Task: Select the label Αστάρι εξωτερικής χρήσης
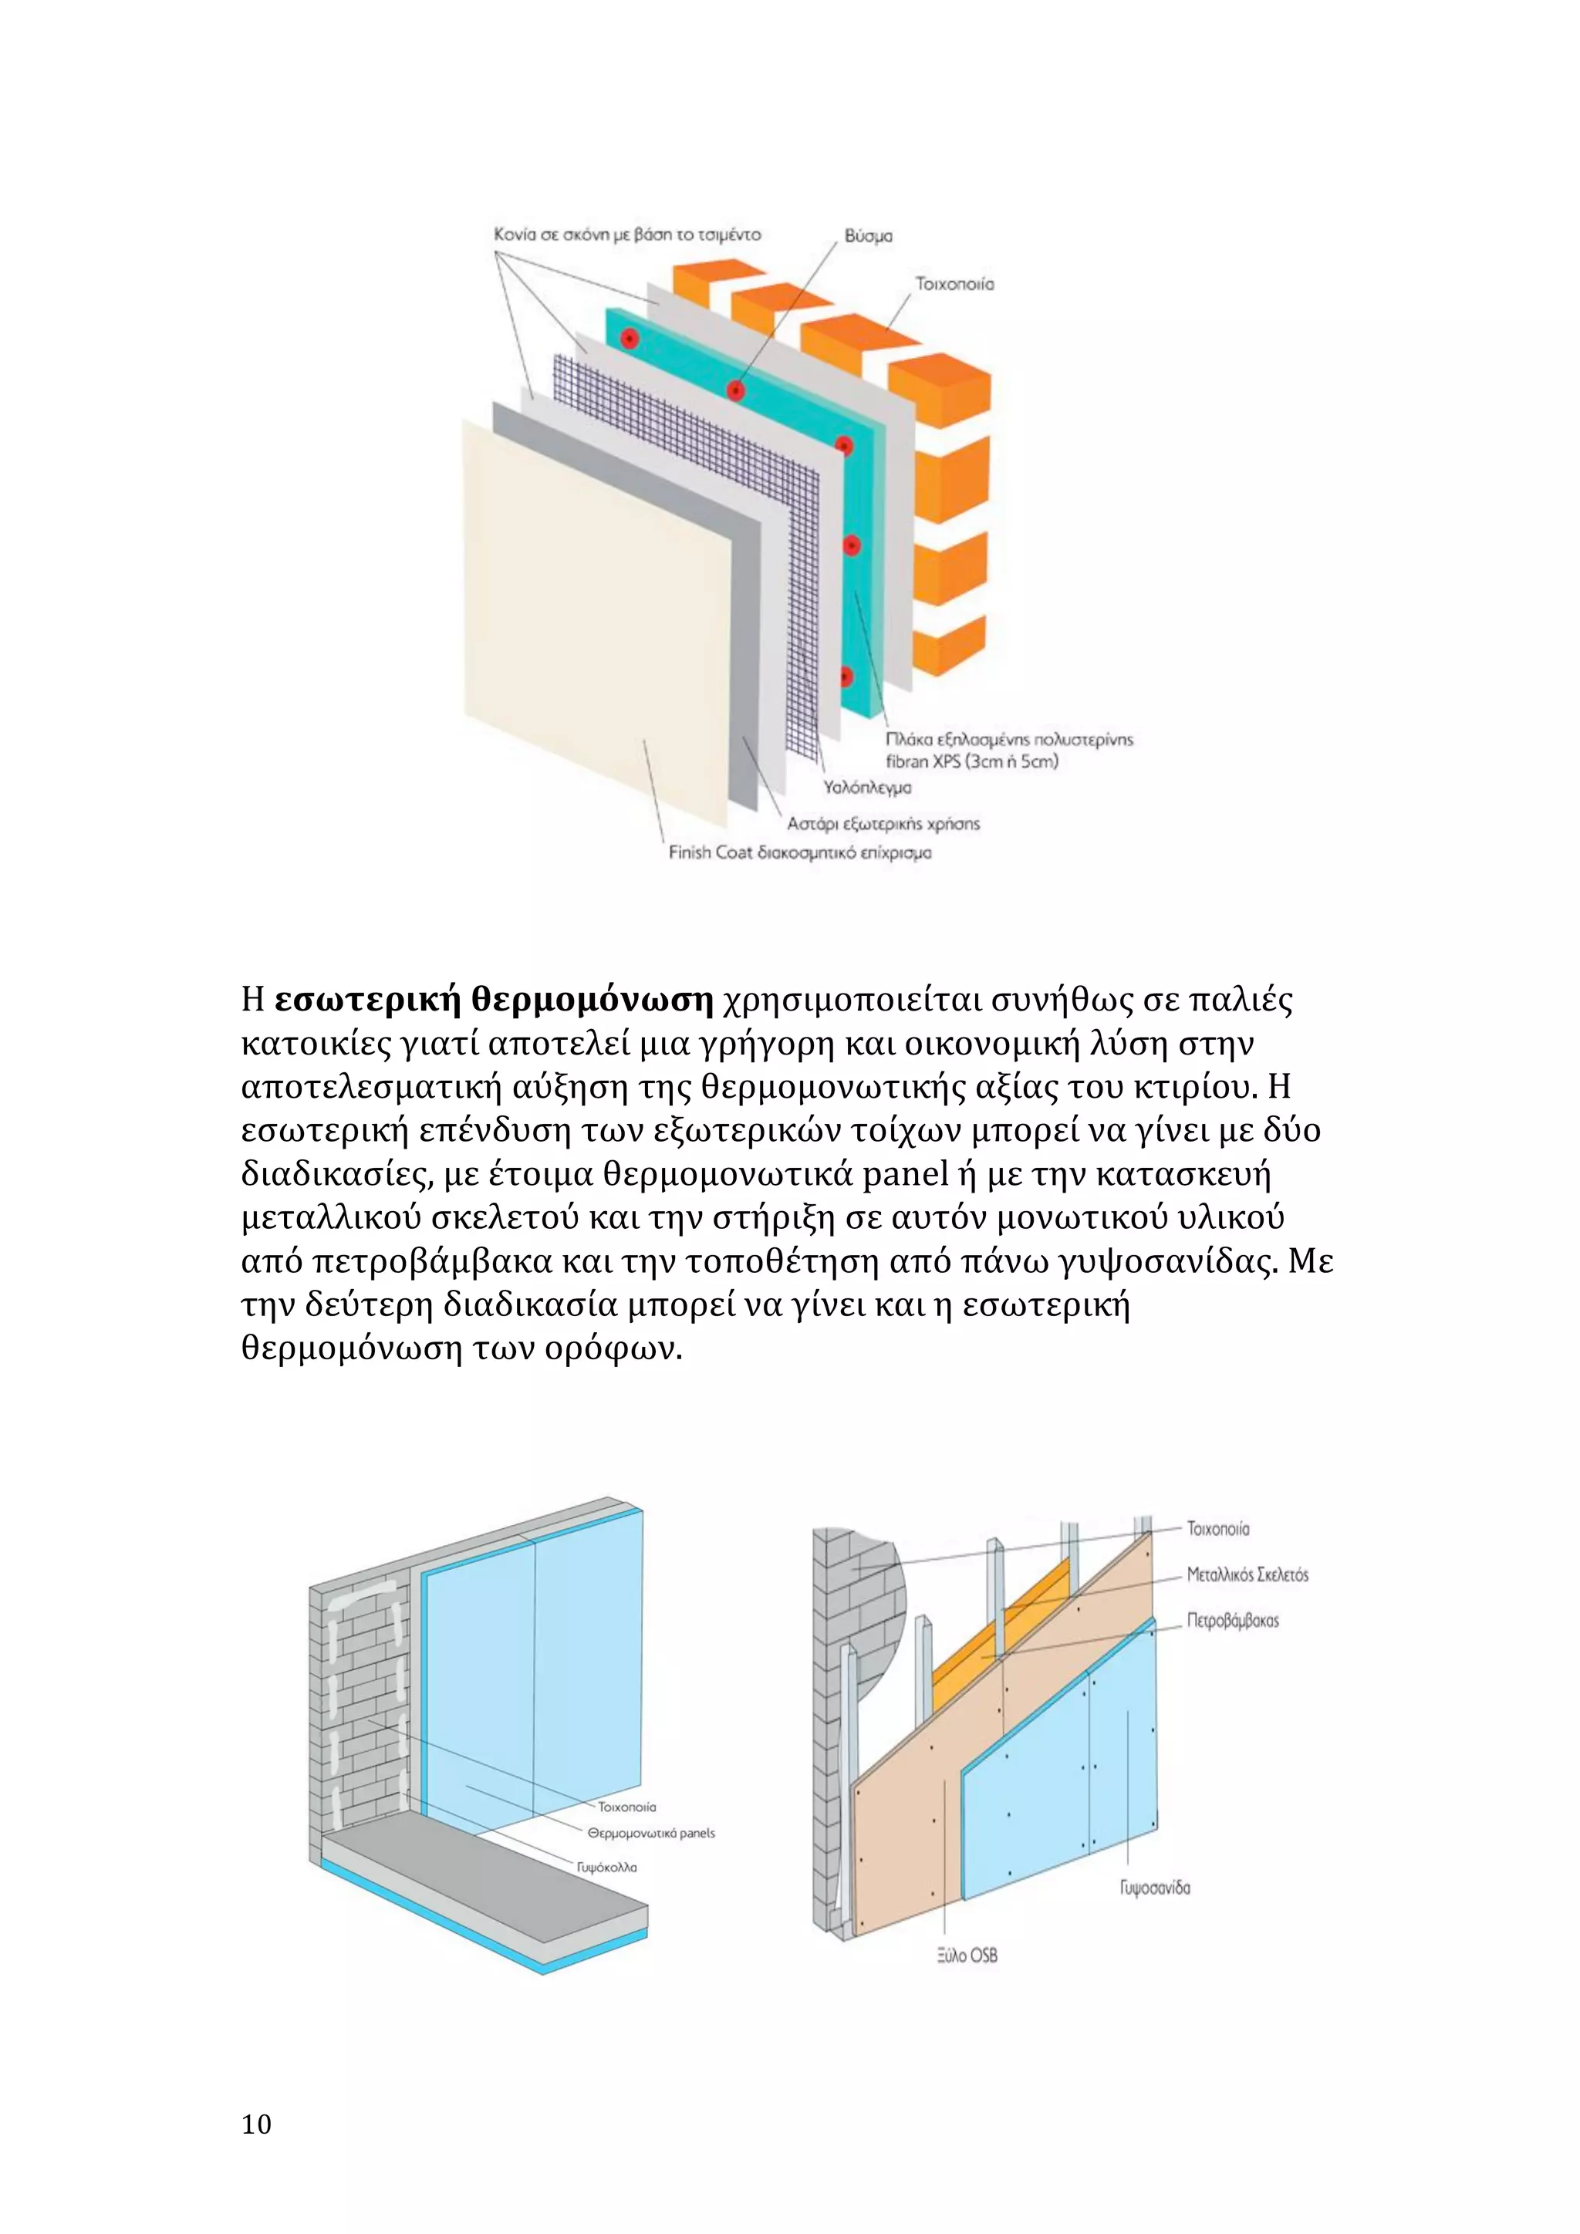point(883,823)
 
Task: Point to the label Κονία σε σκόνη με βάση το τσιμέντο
point(627,235)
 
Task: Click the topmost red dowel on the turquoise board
point(630,339)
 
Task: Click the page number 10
point(257,2124)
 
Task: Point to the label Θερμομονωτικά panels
point(651,1833)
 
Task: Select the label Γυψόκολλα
point(606,1867)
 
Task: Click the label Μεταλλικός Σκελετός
point(1247,1574)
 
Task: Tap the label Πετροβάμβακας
point(1232,1620)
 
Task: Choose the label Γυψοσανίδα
point(1155,1888)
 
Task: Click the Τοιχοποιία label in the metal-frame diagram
point(1218,1529)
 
